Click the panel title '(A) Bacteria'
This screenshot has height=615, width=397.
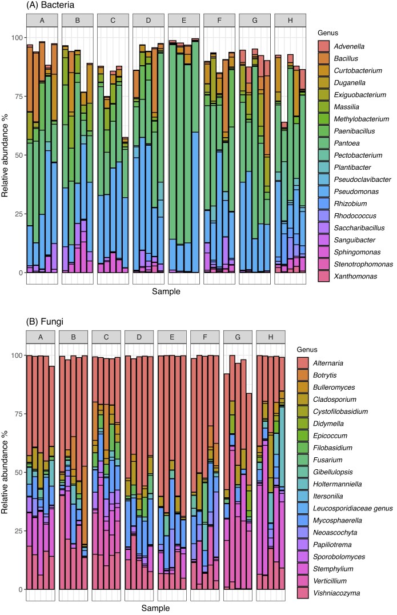34,5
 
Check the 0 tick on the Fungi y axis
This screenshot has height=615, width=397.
19,589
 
